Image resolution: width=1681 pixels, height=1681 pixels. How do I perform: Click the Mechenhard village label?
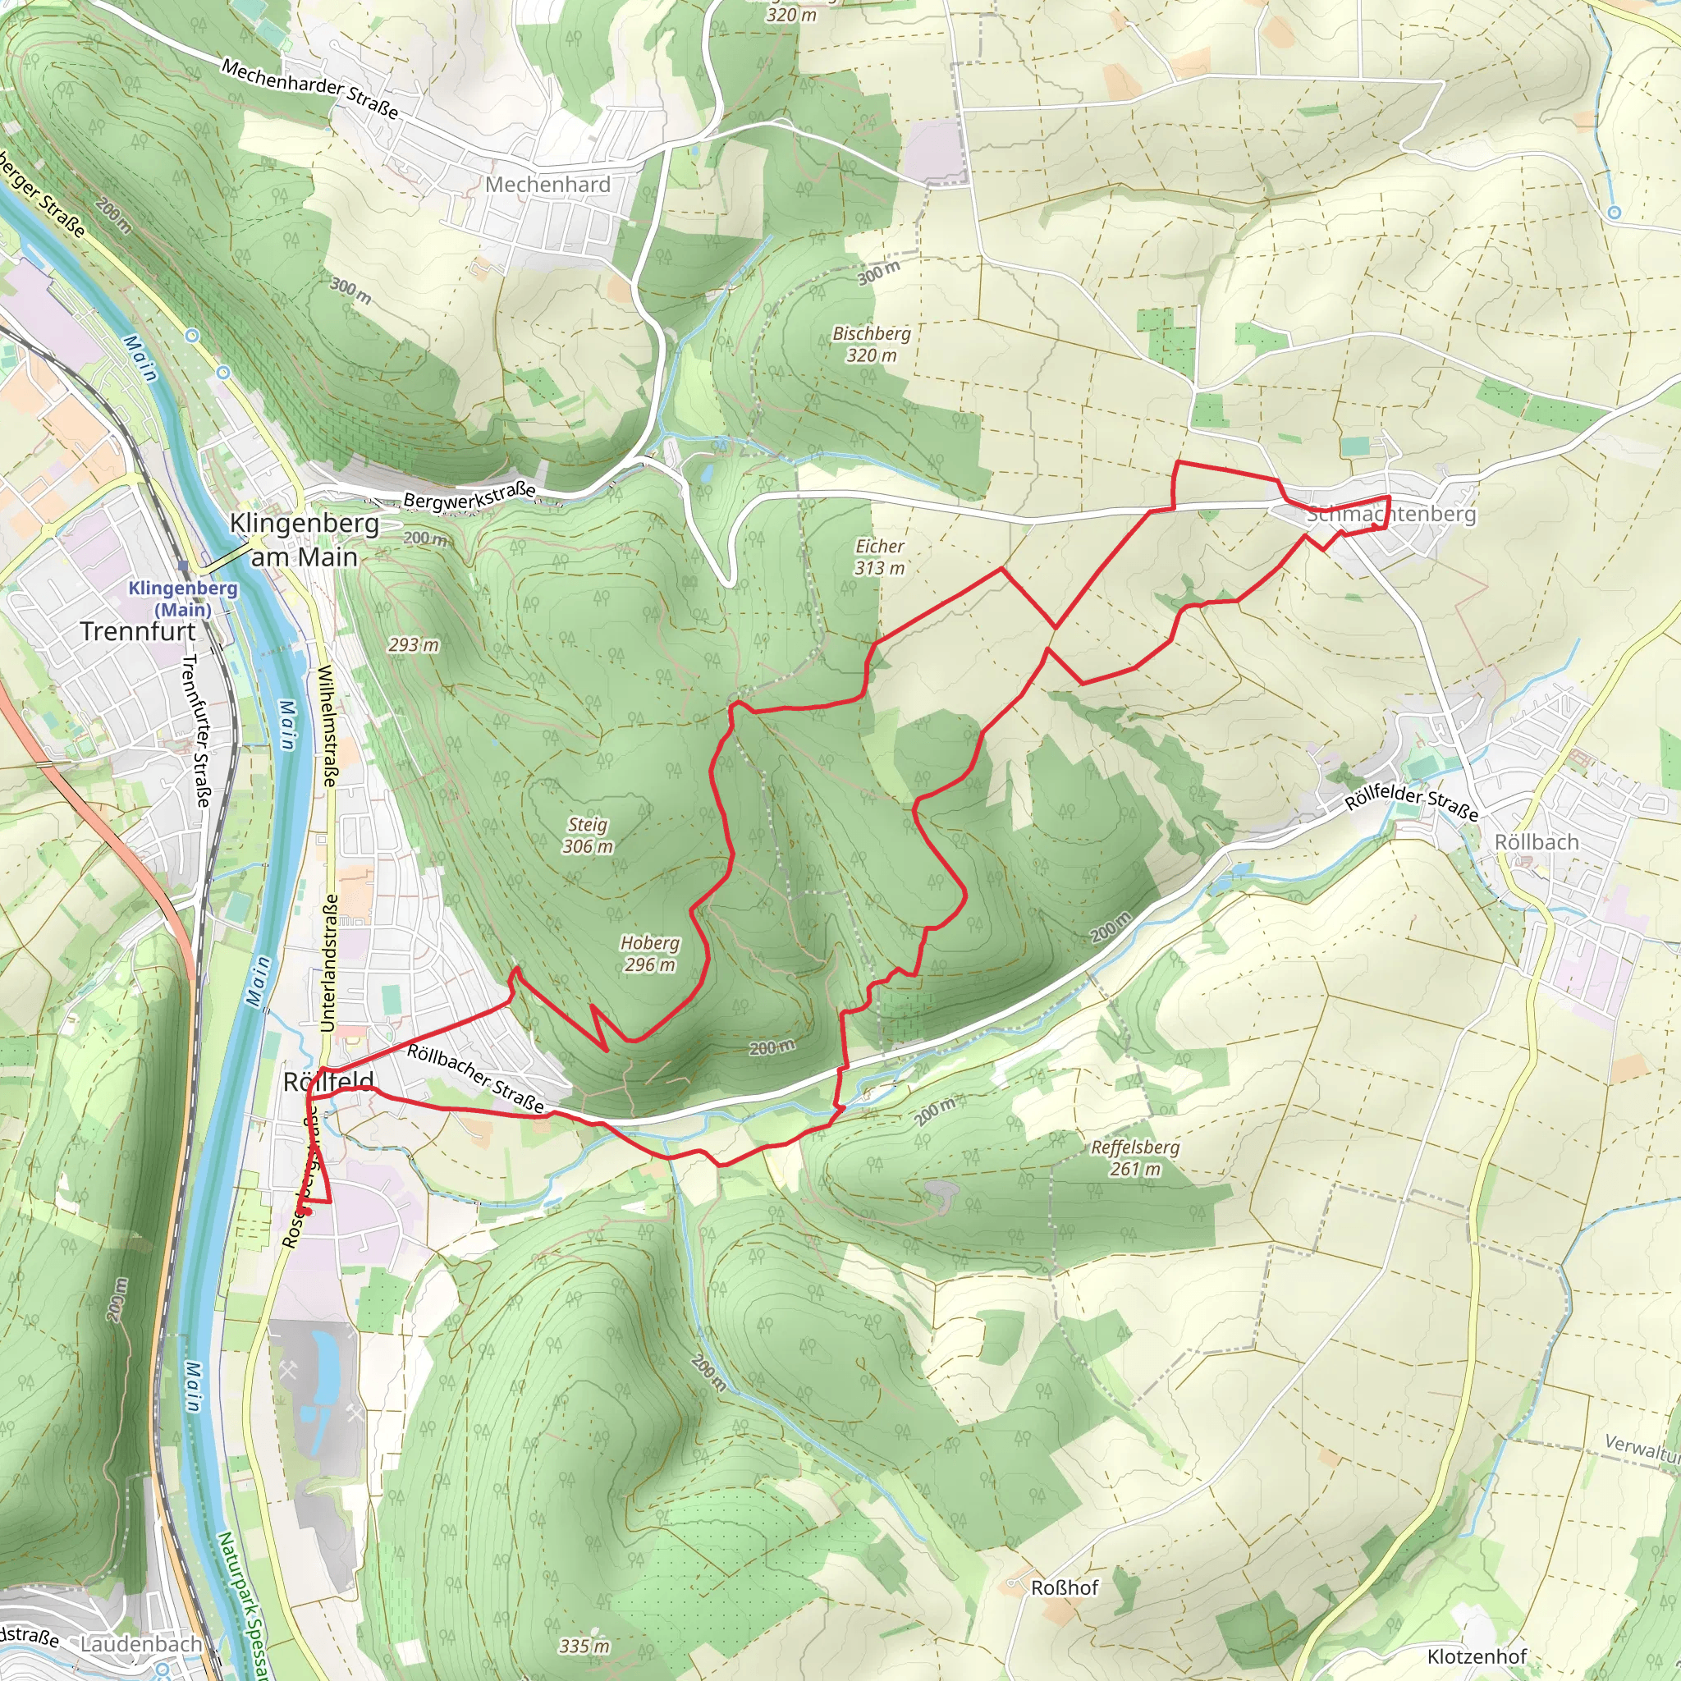coord(547,185)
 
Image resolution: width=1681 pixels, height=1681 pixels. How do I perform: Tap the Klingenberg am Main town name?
coord(304,539)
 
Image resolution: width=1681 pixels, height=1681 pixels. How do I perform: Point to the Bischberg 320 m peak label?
coord(871,345)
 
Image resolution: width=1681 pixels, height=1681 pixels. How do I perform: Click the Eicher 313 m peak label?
coord(880,557)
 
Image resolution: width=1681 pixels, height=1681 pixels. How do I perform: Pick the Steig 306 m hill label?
coord(588,836)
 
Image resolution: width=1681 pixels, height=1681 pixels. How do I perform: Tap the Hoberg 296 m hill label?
coord(649,954)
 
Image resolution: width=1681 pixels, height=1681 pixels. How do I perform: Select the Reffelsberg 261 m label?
coord(1134,1158)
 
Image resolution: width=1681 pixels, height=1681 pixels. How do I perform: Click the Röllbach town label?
coord(1536,842)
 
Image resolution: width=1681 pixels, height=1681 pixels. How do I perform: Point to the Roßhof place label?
coord(1064,1588)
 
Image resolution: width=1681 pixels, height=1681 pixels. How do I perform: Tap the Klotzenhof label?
coord(1477,1656)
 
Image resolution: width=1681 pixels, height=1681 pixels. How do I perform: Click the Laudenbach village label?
coord(141,1644)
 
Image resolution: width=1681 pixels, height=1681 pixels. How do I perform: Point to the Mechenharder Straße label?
coord(309,89)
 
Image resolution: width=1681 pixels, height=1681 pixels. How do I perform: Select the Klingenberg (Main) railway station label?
coord(183,598)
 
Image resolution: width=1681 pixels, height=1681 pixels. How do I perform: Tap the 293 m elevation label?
coord(414,644)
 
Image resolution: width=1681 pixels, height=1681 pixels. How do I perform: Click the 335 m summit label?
coord(584,1647)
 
